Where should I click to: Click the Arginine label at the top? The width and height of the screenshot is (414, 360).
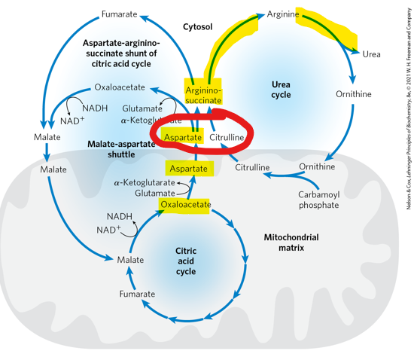283,14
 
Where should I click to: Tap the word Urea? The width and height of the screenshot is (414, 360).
371,54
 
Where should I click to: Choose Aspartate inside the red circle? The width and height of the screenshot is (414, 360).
183,138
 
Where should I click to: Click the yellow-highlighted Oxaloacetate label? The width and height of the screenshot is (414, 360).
184,204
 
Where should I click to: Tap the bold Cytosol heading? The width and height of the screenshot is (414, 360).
198,27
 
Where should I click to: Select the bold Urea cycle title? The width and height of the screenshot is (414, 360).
281,90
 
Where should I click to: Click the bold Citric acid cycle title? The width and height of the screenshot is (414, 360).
186,261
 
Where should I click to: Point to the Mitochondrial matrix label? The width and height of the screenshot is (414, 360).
291,242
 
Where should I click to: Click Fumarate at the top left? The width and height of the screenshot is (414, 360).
120,15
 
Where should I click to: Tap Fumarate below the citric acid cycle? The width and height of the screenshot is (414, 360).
137,294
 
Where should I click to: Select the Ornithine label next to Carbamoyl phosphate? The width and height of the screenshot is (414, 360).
317,166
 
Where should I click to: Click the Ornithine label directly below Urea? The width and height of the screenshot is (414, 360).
353,94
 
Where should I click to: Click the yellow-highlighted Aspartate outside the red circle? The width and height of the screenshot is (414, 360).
188,169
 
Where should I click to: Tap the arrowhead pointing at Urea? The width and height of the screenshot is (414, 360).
355,51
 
